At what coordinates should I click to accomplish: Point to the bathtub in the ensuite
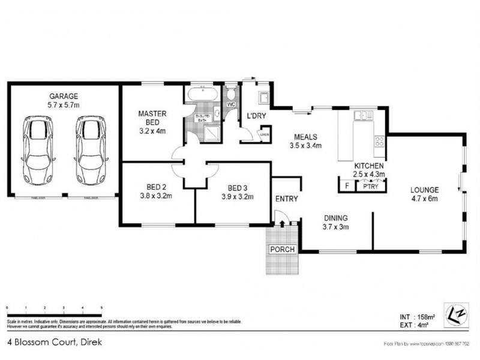pyautogui.click(x=202, y=95)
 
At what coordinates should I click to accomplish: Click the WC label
pyautogui.click(x=230, y=104)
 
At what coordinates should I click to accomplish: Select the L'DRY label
pyautogui.click(x=257, y=116)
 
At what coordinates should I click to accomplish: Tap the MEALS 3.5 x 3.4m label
pyautogui.click(x=306, y=140)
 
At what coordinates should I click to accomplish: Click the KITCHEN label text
pyautogui.click(x=368, y=166)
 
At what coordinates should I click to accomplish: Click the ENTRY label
pyautogui.click(x=286, y=199)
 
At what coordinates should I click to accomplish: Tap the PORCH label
pyautogui.click(x=282, y=250)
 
